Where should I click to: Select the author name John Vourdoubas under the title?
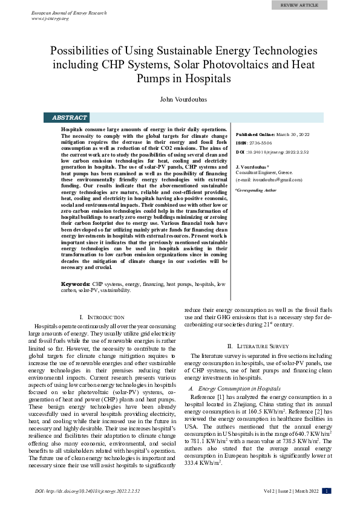coord(180,99)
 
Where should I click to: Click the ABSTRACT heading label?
coord(70,118)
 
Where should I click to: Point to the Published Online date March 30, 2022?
coord(293,134)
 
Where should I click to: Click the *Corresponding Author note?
coord(255,190)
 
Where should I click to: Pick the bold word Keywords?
coord(76,284)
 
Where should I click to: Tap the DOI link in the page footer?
coord(87,491)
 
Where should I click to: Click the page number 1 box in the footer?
coord(327,491)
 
